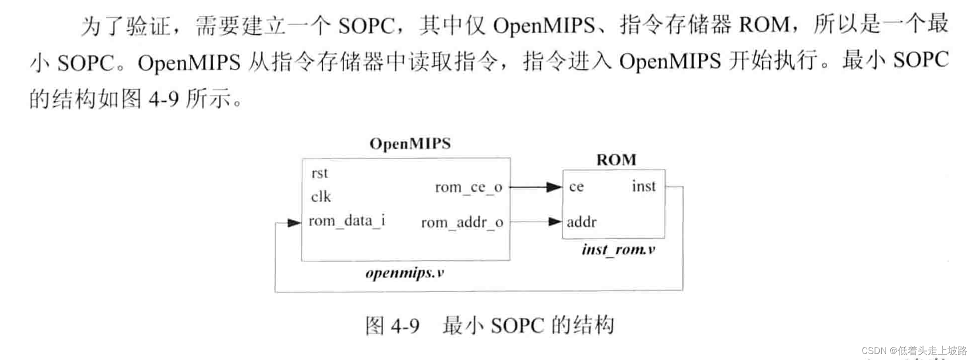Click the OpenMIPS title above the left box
click(x=410, y=144)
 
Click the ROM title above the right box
click(x=616, y=160)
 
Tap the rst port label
click(x=320, y=173)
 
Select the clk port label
click(x=321, y=197)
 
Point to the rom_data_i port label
click(x=347, y=221)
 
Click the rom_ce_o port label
click(x=468, y=187)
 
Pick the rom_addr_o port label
click(x=462, y=222)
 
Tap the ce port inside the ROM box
click(x=576, y=187)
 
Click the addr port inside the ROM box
click(x=581, y=222)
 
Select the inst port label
click(x=643, y=186)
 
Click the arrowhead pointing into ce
click(x=554, y=187)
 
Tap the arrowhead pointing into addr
click(x=555, y=221)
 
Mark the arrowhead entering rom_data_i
click(x=294, y=223)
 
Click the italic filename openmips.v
click(x=405, y=273)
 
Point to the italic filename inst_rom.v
click(x=618, y=249)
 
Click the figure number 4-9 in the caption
click(x=405, y=326)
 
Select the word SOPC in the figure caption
click(x=517, y=326)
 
